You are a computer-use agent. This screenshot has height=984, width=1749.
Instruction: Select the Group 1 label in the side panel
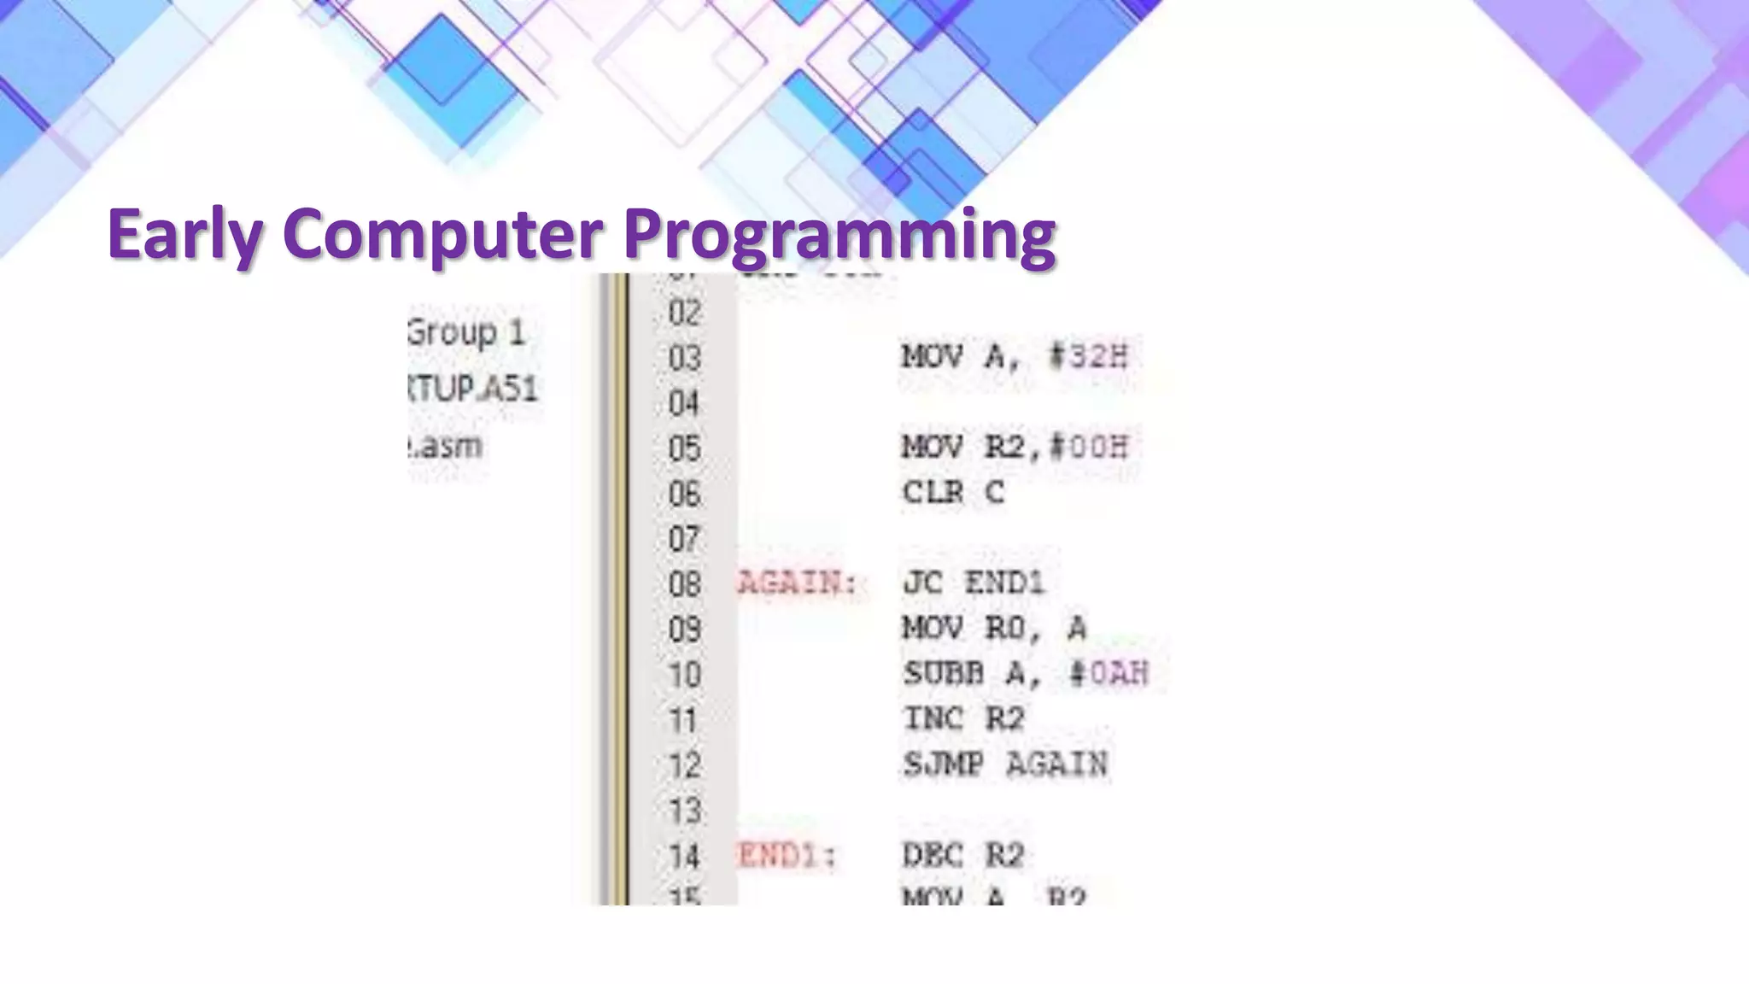(466, 332)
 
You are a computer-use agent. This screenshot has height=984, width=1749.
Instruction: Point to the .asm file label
(446, 445)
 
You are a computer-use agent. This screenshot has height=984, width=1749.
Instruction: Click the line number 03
(685, 358)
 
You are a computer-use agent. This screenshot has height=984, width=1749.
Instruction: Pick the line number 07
(685, 539)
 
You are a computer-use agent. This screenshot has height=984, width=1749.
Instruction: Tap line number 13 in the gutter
(685, 811)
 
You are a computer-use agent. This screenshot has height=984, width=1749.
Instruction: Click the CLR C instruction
(953, 492)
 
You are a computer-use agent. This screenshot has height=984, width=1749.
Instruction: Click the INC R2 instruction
(963, 719)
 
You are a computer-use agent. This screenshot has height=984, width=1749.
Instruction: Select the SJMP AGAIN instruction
(1005, 764)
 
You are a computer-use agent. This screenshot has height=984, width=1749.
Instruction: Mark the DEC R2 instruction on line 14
(963, 855)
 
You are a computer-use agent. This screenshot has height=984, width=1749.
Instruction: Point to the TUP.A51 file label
(473, 389)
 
